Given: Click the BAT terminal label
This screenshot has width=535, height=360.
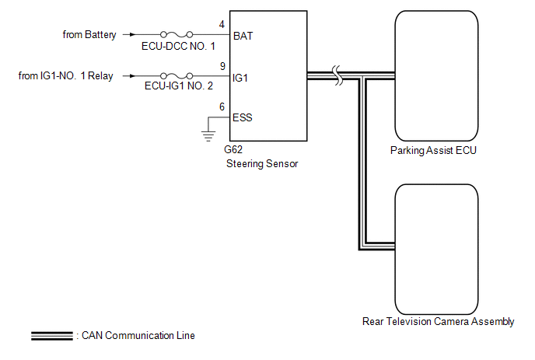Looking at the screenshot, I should click(243, 36).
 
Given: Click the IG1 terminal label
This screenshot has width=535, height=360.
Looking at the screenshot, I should click(241, 78).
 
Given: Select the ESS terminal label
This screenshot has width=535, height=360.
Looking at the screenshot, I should click(243, 118).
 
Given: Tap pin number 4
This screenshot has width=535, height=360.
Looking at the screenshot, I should click(222, 25).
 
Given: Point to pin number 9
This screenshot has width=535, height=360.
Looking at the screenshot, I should click(222, 67).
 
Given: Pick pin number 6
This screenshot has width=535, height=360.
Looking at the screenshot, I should click(222, 107).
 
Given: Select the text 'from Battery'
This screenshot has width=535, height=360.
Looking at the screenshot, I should click(89, 35).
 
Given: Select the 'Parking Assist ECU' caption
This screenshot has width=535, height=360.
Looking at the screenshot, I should click(433, 151).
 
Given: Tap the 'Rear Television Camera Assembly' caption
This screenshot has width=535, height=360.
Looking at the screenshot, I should click(438, 321).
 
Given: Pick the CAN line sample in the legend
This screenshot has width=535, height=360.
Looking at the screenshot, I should click(52, 336).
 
